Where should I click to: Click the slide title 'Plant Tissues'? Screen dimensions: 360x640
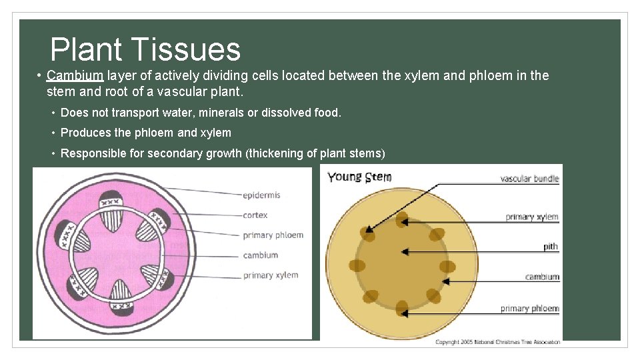pos(145,49)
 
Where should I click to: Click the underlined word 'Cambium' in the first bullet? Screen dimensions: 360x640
pos(75,75)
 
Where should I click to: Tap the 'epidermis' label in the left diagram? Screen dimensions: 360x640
pos(261,195)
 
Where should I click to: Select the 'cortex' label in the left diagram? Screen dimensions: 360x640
pos(255,215)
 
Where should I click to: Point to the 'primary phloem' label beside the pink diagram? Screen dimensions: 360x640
pos(273,235)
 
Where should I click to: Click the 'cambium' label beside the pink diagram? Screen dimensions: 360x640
pos(260,255)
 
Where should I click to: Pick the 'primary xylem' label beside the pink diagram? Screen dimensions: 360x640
pos(270,275)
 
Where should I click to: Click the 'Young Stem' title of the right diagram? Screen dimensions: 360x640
pos(359,177)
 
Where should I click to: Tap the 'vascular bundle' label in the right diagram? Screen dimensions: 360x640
pos(529,179)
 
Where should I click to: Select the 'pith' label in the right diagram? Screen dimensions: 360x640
pos(550,247)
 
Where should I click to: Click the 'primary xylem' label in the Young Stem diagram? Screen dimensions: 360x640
pos(531,217)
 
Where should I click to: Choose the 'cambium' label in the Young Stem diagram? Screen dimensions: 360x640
pos(542,277)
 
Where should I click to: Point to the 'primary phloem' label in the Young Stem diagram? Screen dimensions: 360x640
pos(529,309)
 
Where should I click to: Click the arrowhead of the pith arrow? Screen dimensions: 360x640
pos(403,251)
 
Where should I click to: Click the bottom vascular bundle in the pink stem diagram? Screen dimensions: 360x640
pos(121,296)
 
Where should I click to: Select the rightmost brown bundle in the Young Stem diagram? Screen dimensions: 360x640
pos(447,267)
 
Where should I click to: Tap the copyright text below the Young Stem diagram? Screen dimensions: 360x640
pos(497,342)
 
